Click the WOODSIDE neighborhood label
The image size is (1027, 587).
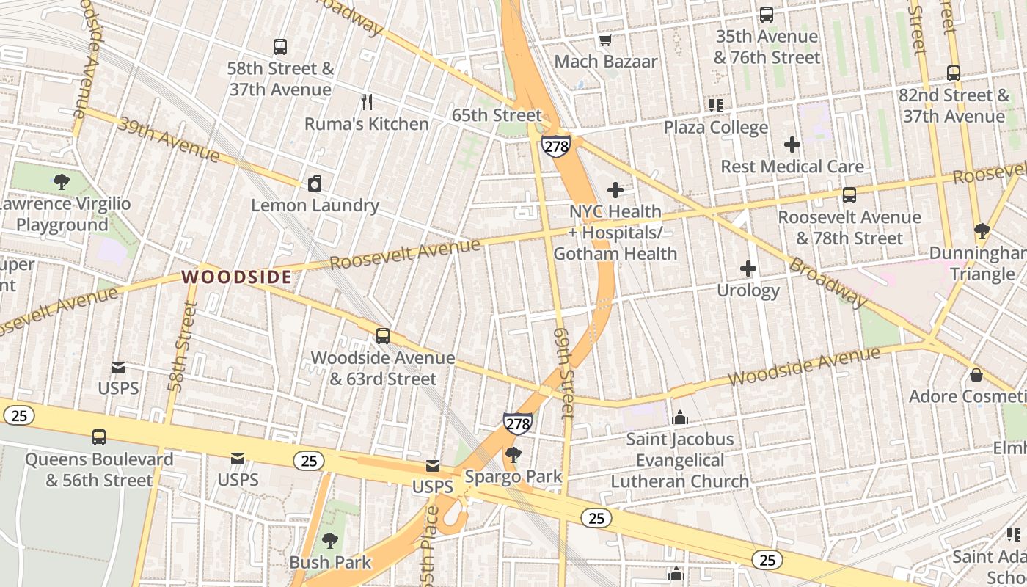pyautogui.click(x=236, y=277)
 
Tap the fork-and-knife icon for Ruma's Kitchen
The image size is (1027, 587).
pyautogui.click(x=367, y=102)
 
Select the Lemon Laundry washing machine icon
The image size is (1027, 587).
pyautogui.click(x=315, y=183)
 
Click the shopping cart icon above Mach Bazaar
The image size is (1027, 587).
pyautogui.click(x=605, y=40)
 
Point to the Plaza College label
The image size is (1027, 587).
pyautogui.click(x=715, y=127)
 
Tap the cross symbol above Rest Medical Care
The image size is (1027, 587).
pyautogui.click(x=792, y=145)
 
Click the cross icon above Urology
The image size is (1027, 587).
pyautogui.click(x=748, y=269)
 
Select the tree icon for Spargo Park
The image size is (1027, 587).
pyautogui.click(x=513, y=456)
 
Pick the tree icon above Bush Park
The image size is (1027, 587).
pyautogui.click(x=330, y=542)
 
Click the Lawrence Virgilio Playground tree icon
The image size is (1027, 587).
pyautogui.click(x=62, y=182)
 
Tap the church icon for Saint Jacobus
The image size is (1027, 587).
pyautogui.click(x=679, y=418)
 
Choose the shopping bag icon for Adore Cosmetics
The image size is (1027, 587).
pyautogui.click(x=976, y=375)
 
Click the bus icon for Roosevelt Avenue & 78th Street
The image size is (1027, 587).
pyautogui.click(x=849, y=195)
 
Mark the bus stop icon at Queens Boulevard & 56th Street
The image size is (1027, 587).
pyautogui.click(x=99, y=437)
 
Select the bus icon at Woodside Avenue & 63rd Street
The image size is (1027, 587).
pyautogui.click(x=382, y=336)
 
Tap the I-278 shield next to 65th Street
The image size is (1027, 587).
pyautogui.click(x=556, y=145)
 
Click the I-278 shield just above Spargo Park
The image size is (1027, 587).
pyautogui.click(x=517, y=423)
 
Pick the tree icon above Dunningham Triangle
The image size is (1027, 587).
pyautogui.click(x=982, y=232)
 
